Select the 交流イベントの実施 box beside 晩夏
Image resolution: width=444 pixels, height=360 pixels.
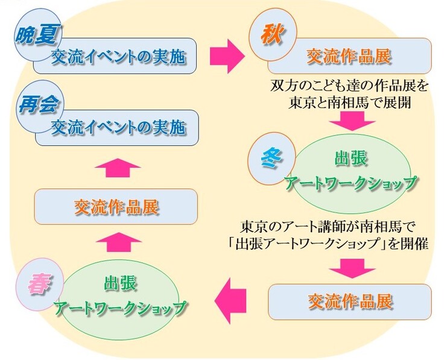pyautogui.click(x=118, y=57)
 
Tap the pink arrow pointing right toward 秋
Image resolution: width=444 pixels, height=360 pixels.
pyautogui.click(x=226, y=56)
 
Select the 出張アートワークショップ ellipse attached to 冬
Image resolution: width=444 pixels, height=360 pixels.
pyautogui.click(x=350, y=169)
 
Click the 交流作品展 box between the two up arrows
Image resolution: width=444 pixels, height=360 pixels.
pyautogui.click(x=116, y=207)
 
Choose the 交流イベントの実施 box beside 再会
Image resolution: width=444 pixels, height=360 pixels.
pyautogui.click(x=118, y=127)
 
